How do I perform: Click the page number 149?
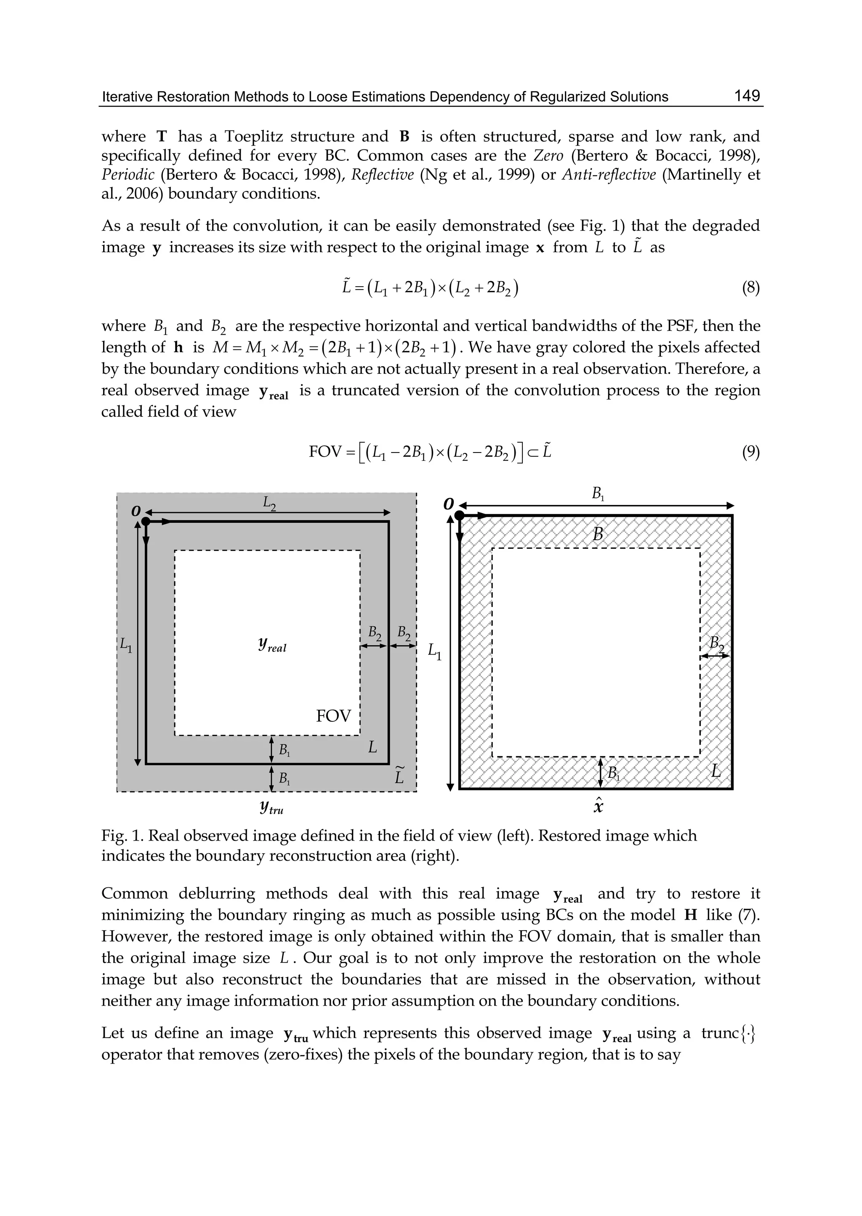747,96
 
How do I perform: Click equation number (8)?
750,288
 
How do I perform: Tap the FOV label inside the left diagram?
333,716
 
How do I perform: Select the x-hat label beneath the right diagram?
598,806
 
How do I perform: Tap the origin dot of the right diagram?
460,515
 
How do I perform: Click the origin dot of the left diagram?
146,522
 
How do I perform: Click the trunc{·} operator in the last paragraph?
728,1033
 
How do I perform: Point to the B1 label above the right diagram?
598,494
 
